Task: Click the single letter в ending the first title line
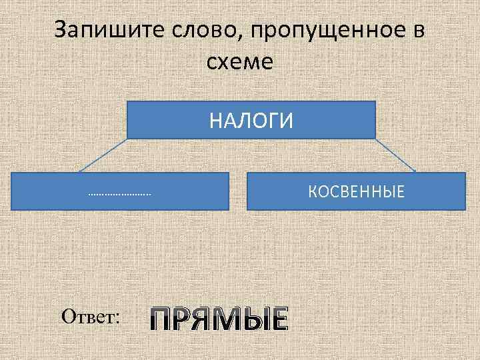419,32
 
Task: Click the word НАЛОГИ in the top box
251,121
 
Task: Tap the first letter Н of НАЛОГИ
215,121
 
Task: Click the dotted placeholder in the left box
120,195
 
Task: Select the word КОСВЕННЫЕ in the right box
356,193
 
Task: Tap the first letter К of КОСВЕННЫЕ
312,193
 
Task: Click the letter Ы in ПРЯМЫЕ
249,320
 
